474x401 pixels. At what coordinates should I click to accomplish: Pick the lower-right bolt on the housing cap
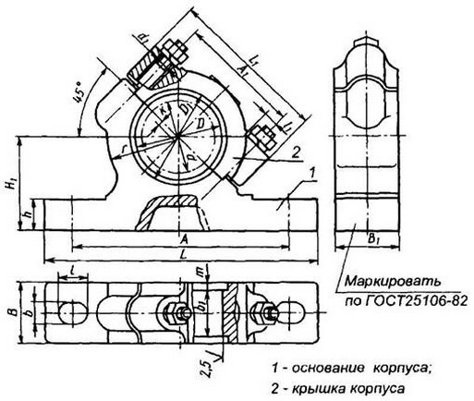click(x=260, y=140)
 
